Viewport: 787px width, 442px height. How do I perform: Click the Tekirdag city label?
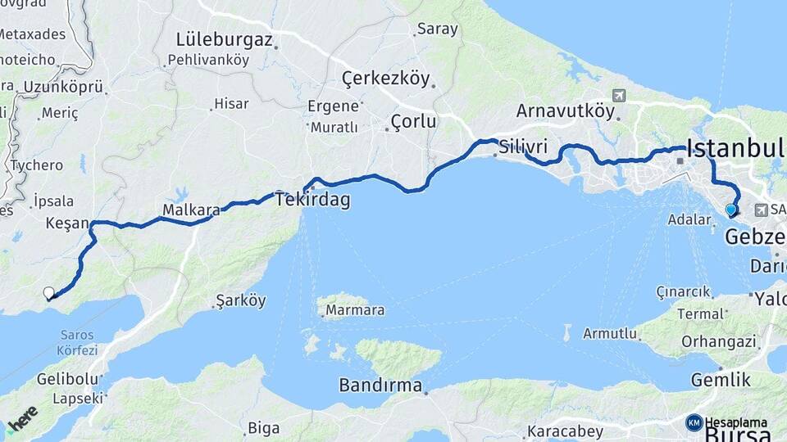pyautogui.click(x=312, y=199)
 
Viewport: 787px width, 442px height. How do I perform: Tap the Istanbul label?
pyautogui.click(x=735, y=148)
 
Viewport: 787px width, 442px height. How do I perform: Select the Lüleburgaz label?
pyautogui.click(x=224, y=38)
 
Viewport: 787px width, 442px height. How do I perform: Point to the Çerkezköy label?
pyautogui.click(x=385, y=79)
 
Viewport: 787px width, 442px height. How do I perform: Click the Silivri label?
pyautogui.click(x=523, y=147)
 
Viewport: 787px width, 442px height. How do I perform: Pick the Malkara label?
pyautogui.click(x=191, y=210)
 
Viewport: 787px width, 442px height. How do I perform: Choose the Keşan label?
pyautogui.click(x=66, y=222)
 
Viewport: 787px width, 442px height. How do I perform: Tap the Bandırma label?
pyautogui.click(x=381, y=385)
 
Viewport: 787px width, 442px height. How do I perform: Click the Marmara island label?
pyautogui.click(x=355, y=310)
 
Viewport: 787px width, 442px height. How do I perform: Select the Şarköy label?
pyautogui.click(x=240, y=300)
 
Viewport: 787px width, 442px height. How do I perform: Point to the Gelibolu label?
pyautogui.click(x=68, y=380)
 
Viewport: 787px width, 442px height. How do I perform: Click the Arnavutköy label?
pyautogui.click(x=565, y=110)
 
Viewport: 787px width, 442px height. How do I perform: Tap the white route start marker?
pyautogui.click(x=49, y=293)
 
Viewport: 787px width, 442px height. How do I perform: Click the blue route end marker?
pyautogui.click(x=731, y=210)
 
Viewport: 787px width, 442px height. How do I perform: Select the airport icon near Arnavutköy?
pyautogui.click(x=618, y=96)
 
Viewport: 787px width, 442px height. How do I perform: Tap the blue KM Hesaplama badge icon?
pyautogui.click(x=694, y=422)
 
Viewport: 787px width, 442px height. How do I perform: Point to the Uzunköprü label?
pyautogui.click(x=62, y=87)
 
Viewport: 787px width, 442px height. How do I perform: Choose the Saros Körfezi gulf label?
pyautogui.click(x=77, y=342)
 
